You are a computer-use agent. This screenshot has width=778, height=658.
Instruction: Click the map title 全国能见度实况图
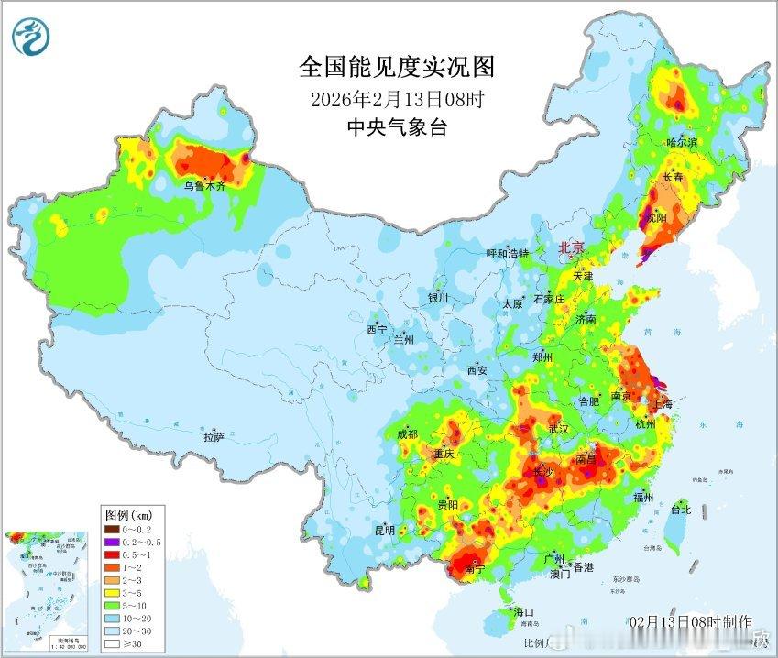(x=397, y=67)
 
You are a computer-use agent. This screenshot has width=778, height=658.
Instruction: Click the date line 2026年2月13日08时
(x=397, y=99)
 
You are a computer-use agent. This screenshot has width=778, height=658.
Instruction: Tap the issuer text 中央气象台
(x=397, y=127)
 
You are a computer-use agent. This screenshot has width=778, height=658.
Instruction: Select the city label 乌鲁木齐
(x=204, y=185)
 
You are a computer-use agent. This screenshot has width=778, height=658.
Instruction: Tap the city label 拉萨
(x=214, y=437)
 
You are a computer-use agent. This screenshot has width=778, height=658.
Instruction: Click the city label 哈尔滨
(x=682, y=142)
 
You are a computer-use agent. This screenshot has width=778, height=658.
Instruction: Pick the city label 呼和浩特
(x=508, y=254)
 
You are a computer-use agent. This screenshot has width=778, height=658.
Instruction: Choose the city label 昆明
(x=384, y=530)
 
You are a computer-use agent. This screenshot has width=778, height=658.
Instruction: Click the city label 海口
(x=523, y=612)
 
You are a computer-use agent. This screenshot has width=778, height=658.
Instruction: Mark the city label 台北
(x=681, y=510)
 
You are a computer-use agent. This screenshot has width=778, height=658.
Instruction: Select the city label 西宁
(x=377, y=329)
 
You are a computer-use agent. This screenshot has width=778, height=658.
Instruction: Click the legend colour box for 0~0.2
(x=110, y=529)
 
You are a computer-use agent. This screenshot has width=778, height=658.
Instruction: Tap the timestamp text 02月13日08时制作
(x=691, y=621)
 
